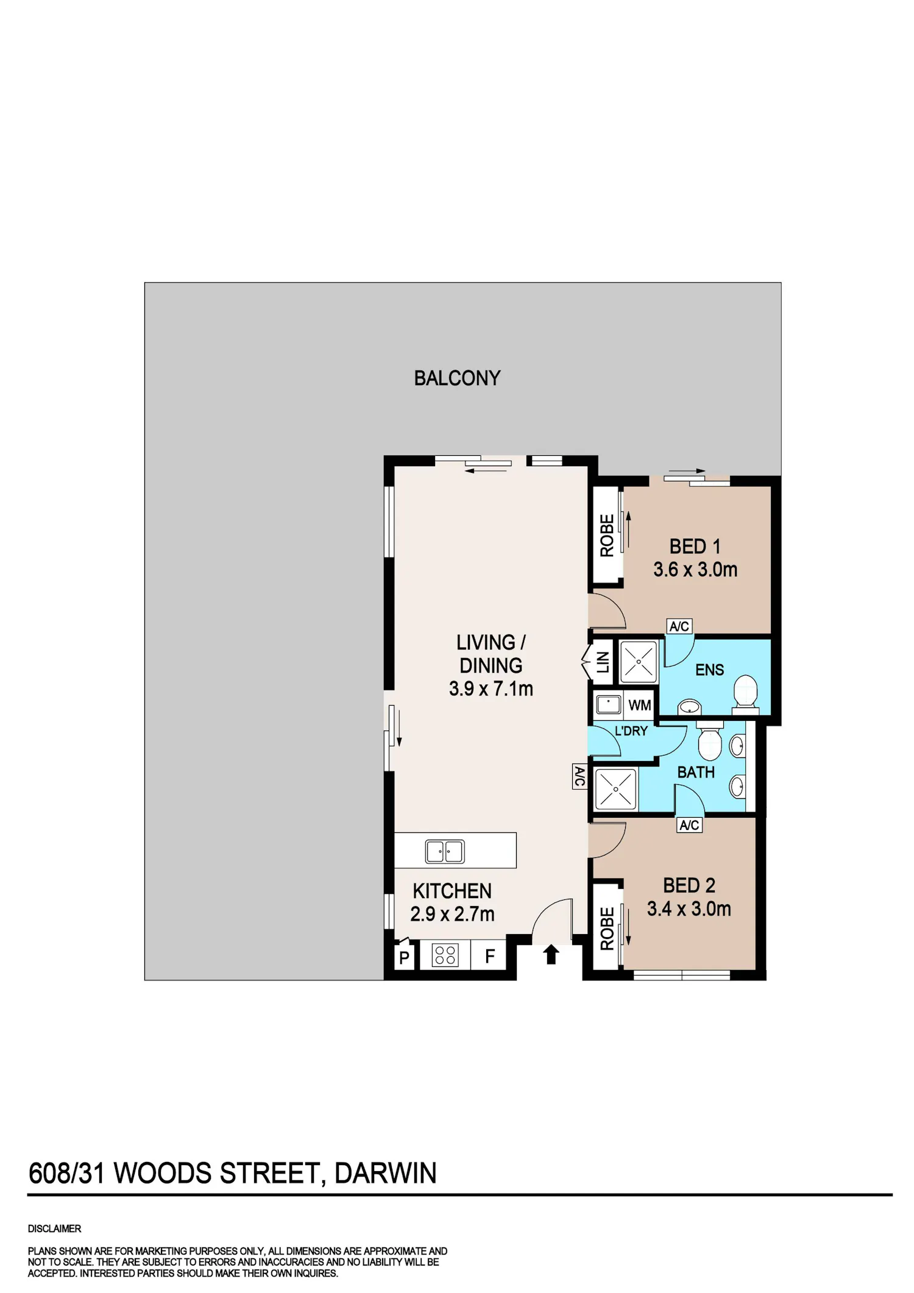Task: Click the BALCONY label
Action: click(x=457, y=378)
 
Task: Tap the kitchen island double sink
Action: click(x=445, y=851)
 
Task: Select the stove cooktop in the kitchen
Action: click(x=445, y=955)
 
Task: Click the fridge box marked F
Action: click(x=489, y=956)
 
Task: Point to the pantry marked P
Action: click(x=404, y=957)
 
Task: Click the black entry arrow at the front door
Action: click(x=551, y=954)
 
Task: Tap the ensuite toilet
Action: click(x=745, y=693)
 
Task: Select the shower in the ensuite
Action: click(x=639, y=662)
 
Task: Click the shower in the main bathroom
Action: click(x=615, y=789)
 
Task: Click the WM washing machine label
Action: click(x=639, y=705)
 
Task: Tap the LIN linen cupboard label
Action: click(x=603, y=662)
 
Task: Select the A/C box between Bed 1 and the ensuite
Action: click(x=679, y=626)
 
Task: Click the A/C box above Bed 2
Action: click(x=689, y=825)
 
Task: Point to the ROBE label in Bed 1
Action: click(x=607, y=536)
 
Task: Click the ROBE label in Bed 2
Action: click(x=607, y=929)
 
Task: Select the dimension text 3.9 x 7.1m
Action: click(x=491, y=689)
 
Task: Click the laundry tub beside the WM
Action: click(x=608, y=704)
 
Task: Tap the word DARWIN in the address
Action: click(x=386, y=1174)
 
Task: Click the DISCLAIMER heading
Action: click(x=54, y=1228)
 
